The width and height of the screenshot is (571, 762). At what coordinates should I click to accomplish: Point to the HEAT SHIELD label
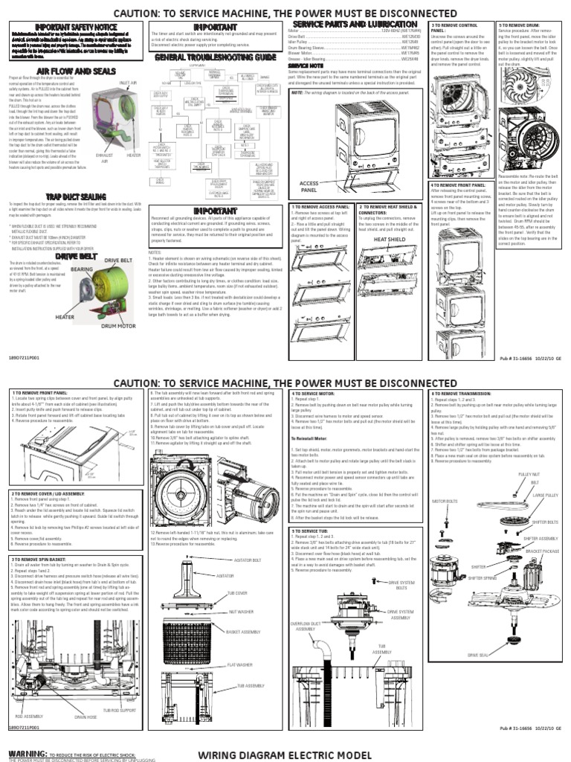[390, 239]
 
